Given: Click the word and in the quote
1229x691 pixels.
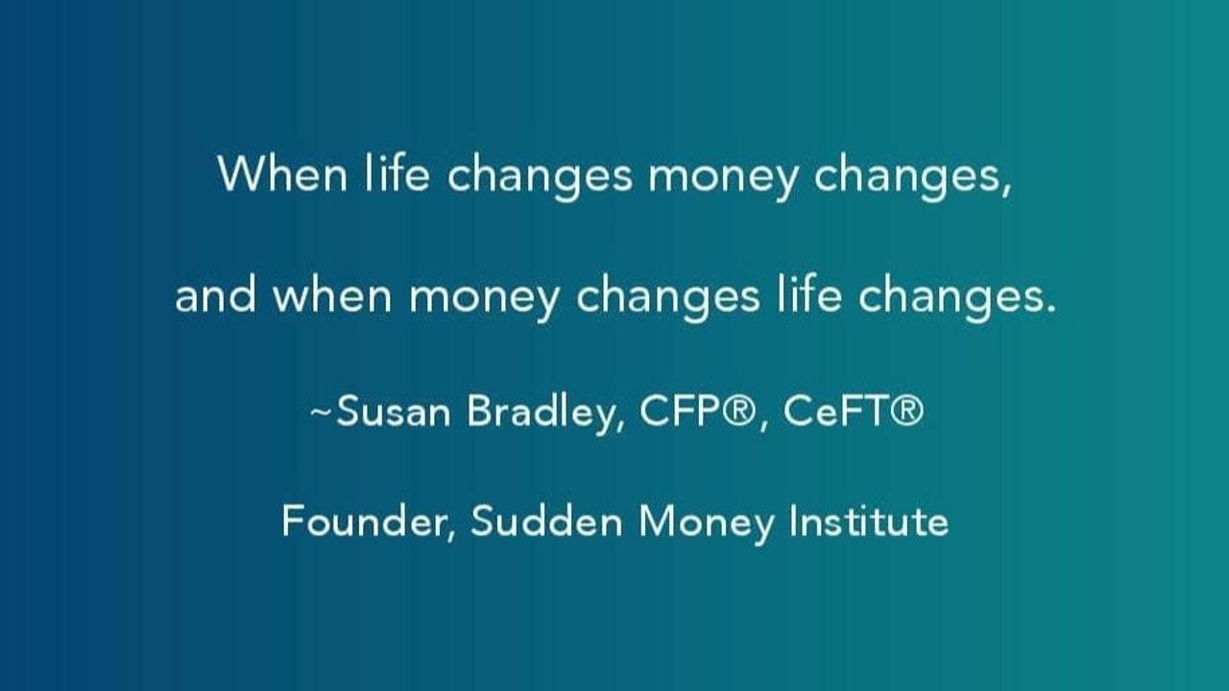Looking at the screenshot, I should click(x=216, y=297).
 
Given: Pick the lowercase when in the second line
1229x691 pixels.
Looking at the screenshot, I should click(x=332, y=297).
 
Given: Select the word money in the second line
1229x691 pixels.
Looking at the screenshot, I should click(x=484, y=300).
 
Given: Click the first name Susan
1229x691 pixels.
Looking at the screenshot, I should click(x=395, y=412).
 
